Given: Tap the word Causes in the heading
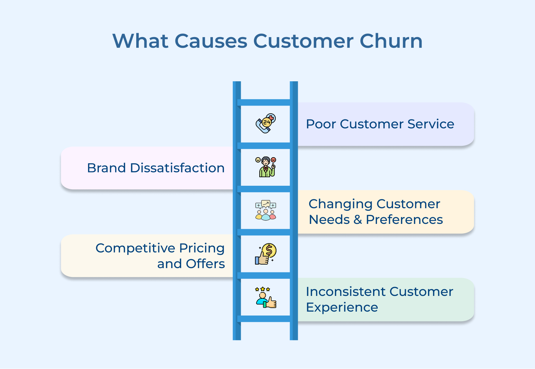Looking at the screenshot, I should tap(211, 41).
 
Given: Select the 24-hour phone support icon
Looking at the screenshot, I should tap(266, 123).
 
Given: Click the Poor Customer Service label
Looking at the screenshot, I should tap(380, 124).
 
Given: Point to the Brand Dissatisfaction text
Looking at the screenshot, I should tap(156, 168).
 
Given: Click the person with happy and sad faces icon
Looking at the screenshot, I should tap(266, 167).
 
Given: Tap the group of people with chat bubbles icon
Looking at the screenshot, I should tap(266, 210).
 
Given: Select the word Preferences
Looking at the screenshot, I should tap(404, 220).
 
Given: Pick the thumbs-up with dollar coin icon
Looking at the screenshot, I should tap(266, 254).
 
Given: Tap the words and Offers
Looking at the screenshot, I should tap(191, 264).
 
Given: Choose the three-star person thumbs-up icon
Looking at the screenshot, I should tap(266, 297).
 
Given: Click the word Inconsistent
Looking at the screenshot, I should tap(345, 292).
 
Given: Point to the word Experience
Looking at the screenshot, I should tap(342, 307).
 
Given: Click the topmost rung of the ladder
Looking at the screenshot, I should tap(265, 103).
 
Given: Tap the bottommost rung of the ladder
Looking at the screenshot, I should tap(265, 319).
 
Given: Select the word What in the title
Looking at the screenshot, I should tap(140, 41).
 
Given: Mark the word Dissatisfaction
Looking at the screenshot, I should tap(177, 168).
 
